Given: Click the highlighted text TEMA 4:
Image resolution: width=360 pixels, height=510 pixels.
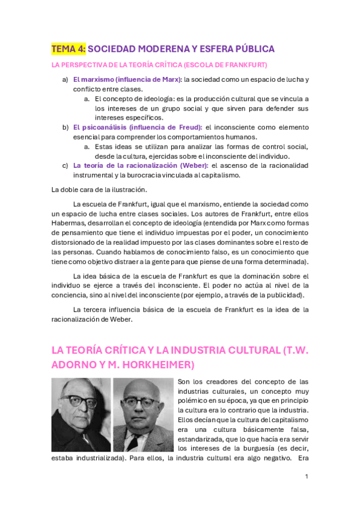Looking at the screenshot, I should click(x=69, y=49).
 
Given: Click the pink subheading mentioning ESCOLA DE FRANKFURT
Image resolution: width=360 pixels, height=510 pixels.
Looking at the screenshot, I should click(x=159, y=64).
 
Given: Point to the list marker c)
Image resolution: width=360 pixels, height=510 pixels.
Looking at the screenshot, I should click(x=65, y=165).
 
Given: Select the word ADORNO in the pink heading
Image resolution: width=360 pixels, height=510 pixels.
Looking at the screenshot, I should click(x=75, y=365).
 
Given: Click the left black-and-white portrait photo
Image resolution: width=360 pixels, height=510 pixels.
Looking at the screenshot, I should click(x=81, y=414).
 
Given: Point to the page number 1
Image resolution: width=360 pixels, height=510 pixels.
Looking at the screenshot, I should click(x=307, y=476).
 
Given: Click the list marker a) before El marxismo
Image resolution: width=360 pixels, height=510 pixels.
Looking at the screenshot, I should click(x=65, y=79).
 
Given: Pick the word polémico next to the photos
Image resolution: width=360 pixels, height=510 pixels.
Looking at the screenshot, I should click(x=197, y=392).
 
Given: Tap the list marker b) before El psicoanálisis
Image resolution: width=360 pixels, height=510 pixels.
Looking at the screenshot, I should click(x=65, y=127).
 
